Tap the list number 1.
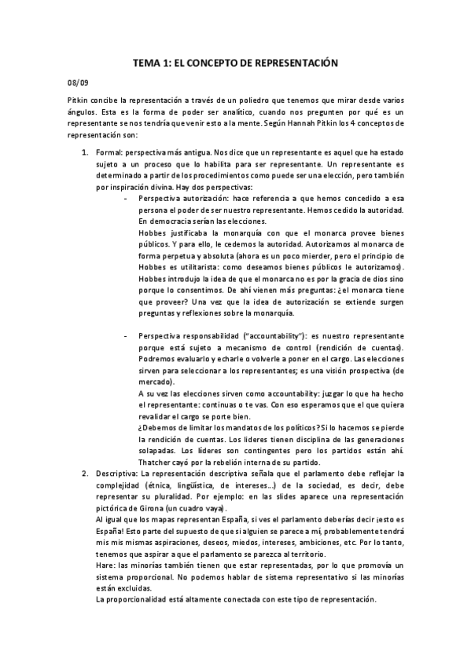pos(85,147)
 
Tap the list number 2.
pos(85,473)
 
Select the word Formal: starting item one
pos(109,147)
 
